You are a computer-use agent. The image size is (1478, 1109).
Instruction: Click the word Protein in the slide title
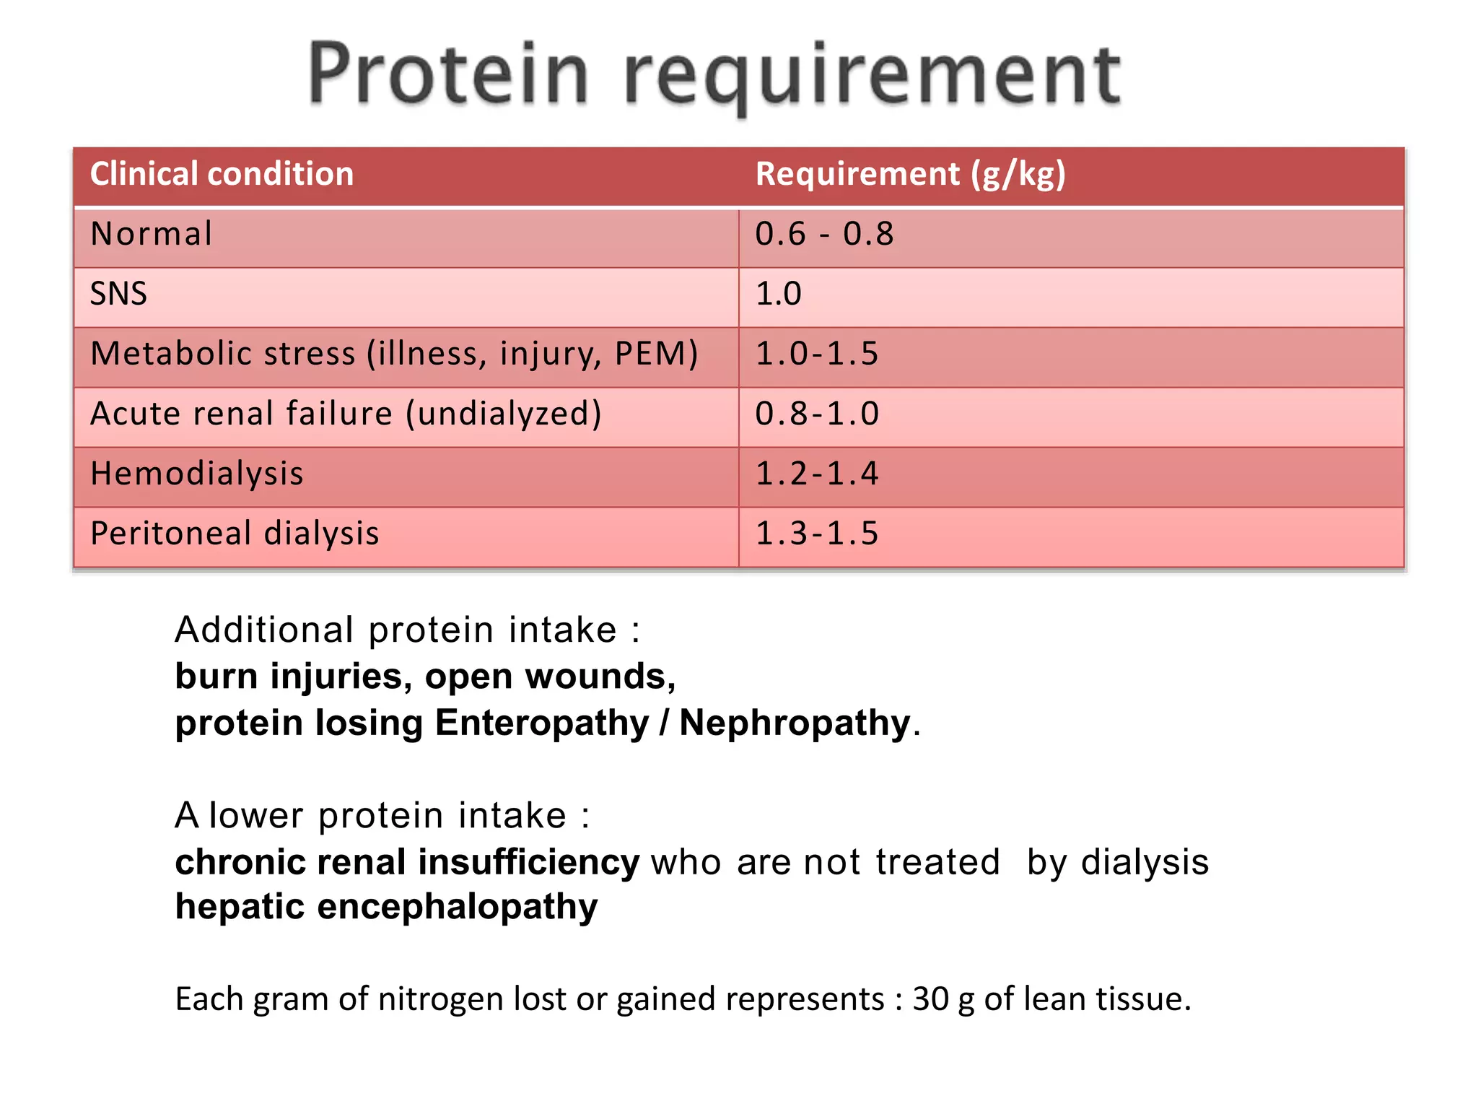(447, 74)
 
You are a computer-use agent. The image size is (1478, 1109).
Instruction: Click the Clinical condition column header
(222, 175)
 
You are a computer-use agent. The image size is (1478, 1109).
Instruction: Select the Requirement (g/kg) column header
(910, 175)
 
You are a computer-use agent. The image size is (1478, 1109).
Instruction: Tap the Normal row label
(152, 235)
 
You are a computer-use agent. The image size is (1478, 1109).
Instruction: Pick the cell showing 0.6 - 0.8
(824, 235)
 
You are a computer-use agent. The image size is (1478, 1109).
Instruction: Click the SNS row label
(118, 295)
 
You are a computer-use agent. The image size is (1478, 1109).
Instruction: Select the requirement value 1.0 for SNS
(778, 295)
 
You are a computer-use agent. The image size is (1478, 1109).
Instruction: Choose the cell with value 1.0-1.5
(816, 354)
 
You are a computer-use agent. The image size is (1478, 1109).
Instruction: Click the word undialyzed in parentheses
(504, 414)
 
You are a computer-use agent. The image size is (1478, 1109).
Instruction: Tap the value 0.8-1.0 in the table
(816, 414)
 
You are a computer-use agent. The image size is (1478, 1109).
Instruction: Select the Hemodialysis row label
(197, 474)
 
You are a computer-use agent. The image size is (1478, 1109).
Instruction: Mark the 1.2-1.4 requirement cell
(816, 474)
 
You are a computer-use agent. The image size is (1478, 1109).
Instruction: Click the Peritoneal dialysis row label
(235, 534)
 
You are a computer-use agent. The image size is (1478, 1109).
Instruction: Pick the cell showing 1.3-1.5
(816, 534)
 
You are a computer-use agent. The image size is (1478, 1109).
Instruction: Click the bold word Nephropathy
(795, 723)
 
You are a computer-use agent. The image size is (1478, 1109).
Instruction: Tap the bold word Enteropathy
(542, 723)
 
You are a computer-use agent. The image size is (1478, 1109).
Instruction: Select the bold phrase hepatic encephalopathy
(386, 907)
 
